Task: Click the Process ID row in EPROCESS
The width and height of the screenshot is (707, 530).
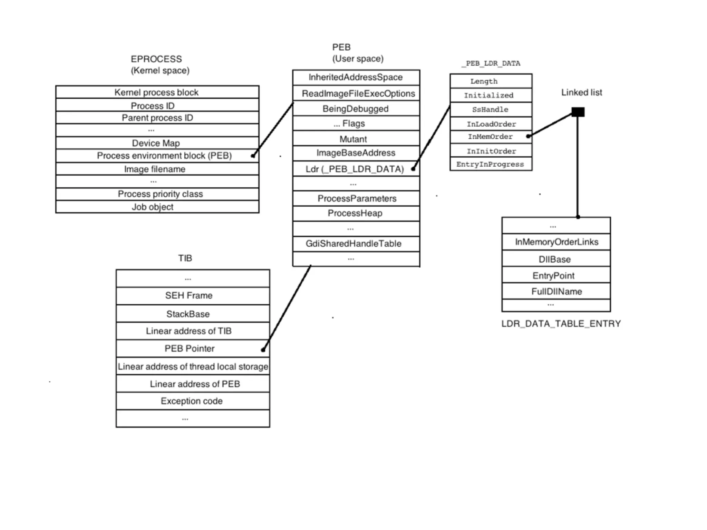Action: click(153, 106)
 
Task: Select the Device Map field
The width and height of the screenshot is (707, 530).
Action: click(156, 143)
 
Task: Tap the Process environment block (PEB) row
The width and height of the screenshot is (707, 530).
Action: click(164, 156)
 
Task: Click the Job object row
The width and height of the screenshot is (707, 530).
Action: click(153, 207)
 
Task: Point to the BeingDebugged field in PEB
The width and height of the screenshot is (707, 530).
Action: click(356, 109)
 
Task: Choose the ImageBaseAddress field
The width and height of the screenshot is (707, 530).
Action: click(356, 153)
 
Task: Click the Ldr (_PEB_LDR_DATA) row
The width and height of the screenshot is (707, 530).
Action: click(355, 169)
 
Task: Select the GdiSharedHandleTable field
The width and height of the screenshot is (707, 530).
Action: click(353, 244)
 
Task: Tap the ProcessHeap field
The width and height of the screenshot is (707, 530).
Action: click(355, 213)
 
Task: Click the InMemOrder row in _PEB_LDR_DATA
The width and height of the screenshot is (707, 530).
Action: click(490, 137)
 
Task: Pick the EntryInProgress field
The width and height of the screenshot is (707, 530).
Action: click(490, 164)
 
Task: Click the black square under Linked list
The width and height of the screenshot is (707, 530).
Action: click(578, 112)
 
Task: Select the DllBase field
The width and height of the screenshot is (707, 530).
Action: click(555, 259)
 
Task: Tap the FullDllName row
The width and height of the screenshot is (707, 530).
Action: click(556, 292)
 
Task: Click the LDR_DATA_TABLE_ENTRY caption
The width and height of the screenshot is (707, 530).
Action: click(561, 324)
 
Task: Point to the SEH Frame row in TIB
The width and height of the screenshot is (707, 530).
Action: click(189, 295)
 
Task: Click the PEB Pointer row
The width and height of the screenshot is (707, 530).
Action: click(190, 349)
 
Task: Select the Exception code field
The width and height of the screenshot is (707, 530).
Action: click(192, 401)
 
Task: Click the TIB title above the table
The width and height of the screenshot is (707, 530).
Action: click(185, 258)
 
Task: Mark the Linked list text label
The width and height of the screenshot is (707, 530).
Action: click(582, 92)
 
